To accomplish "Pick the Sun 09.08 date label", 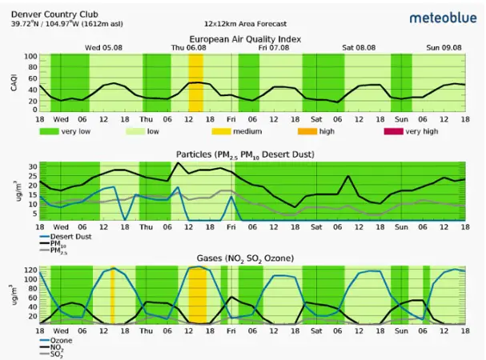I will tap(445, 48).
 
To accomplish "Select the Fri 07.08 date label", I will tap(274, 48).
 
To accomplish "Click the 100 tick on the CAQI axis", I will tap(30, 57).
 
